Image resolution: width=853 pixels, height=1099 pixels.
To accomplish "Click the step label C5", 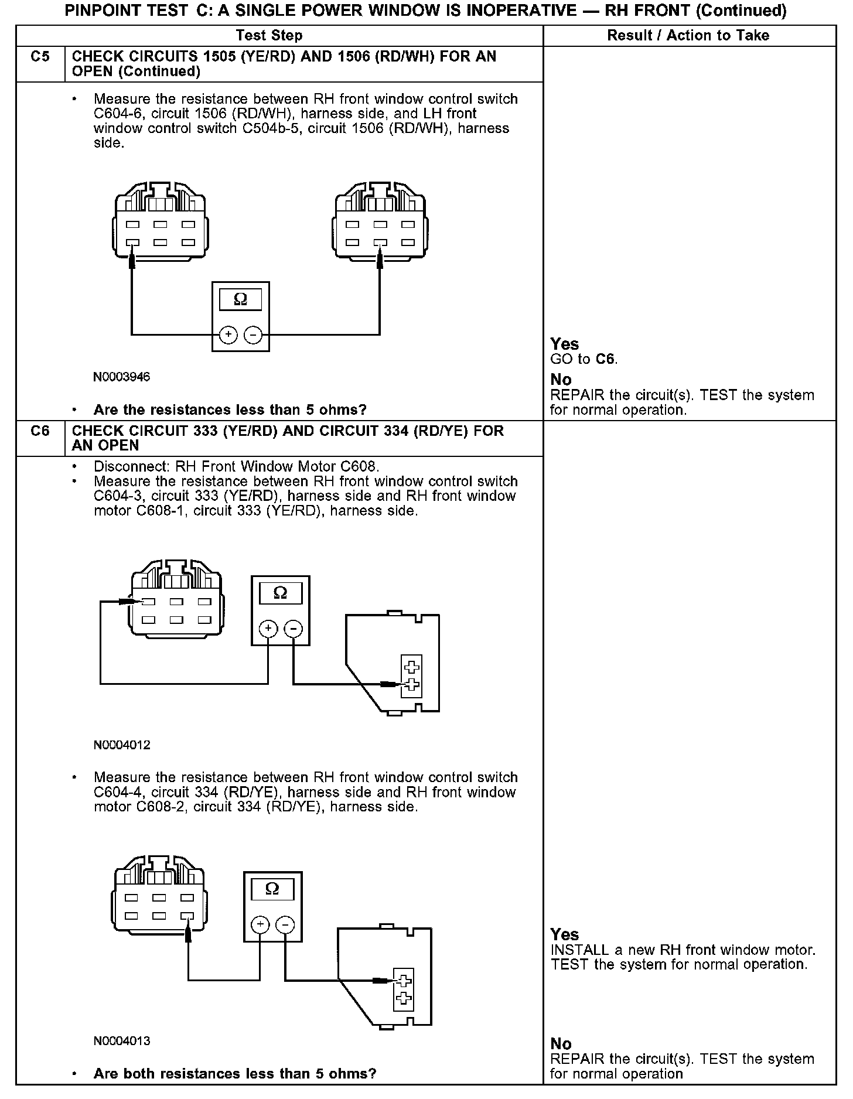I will (40, 57).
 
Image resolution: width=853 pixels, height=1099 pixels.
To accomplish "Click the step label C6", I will (40, 431).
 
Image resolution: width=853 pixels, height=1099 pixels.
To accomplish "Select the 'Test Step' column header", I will (269, 36).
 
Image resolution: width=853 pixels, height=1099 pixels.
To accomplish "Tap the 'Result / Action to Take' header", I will (688, 36).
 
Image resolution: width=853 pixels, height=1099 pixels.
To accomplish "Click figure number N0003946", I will (122, 377).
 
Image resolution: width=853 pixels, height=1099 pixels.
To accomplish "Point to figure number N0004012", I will (122, 745).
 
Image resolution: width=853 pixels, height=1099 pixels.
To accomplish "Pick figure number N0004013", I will (122, 1041).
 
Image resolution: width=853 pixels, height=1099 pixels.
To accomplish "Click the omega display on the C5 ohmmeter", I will (240, 300).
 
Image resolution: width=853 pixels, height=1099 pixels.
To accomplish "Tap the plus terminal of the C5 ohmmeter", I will (228, 335).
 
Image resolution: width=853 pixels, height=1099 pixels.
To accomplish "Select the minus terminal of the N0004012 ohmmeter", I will (293, 629).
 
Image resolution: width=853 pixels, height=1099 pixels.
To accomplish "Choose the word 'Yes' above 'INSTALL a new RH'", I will (565, 934).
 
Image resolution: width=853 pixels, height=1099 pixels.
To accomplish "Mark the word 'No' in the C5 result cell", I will (561, 380).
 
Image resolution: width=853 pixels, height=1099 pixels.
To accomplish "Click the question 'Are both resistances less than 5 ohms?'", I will (234, 1074).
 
